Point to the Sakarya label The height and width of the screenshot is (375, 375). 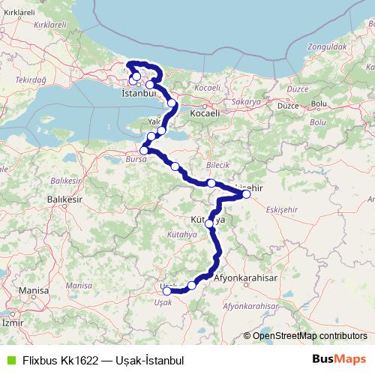tap(246, 100)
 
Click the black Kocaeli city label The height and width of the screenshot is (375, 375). tap(205, 113)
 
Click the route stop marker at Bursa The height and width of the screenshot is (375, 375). tap(144, 151)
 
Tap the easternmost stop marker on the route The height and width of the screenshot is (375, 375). tap(247, 194)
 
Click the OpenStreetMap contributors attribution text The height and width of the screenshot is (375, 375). tap(309, 336)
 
